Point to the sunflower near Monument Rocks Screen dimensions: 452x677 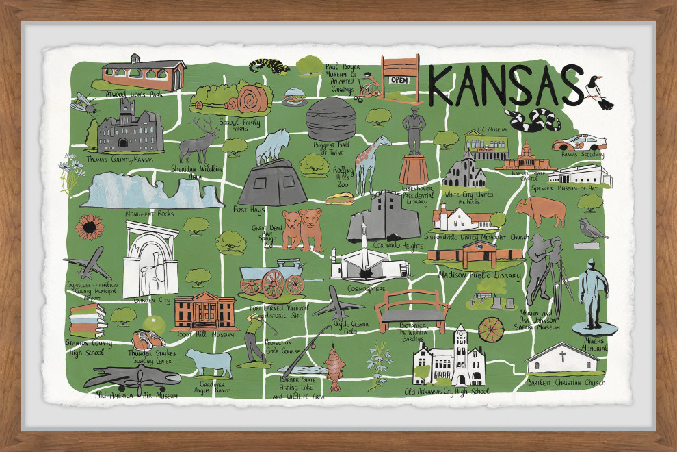click(x=90, y=227)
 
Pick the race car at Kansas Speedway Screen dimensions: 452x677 click(x=579, y=142)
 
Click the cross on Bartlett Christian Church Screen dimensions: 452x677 click(x=562, y=356)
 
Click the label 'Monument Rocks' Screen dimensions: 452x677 click(x=150, y=214)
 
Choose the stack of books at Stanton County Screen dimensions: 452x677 click(x=86, y=319)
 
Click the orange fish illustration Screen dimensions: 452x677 click(x=333, y=369)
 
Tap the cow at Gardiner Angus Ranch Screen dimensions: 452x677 click(x=209, y=361)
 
